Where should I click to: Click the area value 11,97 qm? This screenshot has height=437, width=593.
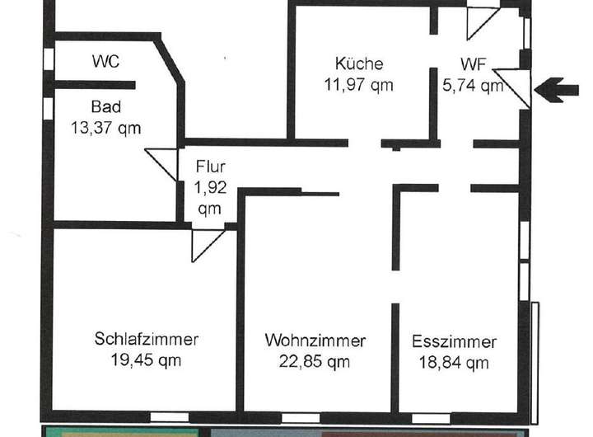tap(358, 83)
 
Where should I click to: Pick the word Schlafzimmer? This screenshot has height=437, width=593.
tap(147, 340)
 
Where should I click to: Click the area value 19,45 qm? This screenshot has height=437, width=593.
tap(147, 359)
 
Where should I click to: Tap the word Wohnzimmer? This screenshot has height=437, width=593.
tap(315, 340)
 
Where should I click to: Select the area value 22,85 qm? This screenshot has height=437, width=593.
tap(315, 359)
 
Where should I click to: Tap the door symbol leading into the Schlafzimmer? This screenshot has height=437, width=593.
tap(206, 242)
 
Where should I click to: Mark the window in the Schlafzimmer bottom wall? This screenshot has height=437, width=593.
tap(170, 416)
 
